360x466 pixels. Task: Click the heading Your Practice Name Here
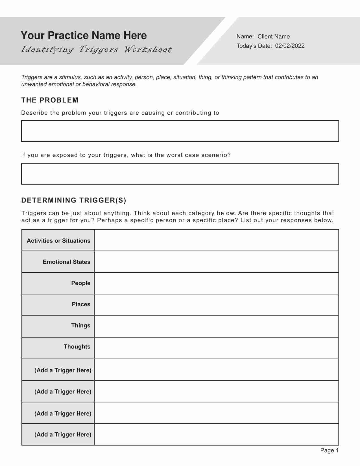84,36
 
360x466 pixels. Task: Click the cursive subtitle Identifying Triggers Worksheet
96,49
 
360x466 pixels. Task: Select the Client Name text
273,36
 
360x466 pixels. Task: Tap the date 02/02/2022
290,46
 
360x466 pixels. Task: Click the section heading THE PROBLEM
50,100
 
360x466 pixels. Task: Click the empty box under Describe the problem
180,131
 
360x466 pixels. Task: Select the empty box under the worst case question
180,174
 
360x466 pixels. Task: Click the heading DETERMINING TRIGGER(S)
74,200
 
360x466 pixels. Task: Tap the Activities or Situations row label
58,241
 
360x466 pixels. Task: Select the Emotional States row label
66,262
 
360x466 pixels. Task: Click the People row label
80,283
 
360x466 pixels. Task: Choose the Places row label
81,304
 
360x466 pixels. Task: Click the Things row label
80,325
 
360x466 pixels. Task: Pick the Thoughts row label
77,347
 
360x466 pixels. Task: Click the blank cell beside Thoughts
216,348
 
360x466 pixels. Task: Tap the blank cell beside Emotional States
216,262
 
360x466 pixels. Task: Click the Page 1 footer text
329,450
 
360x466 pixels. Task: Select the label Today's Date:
254,46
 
